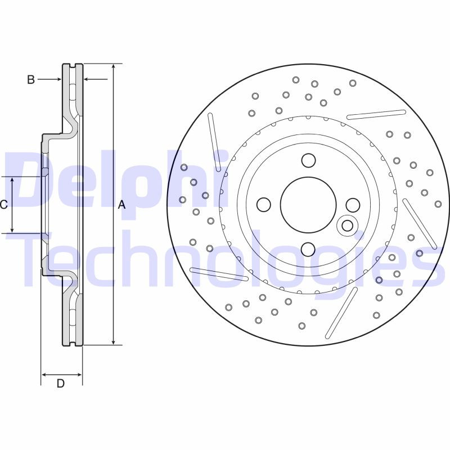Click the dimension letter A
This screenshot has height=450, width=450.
(121, 205)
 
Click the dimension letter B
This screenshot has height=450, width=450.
(31, 80)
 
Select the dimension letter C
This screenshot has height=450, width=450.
(3, 205)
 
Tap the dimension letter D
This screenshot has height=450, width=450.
(61, 384)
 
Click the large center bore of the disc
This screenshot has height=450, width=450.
(308, 204)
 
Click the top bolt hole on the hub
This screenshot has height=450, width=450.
(308, 160)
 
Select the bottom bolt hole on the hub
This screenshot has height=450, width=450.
(308, 249)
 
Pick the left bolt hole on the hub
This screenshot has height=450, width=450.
(263, 204)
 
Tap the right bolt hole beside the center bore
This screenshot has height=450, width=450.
(353, 204)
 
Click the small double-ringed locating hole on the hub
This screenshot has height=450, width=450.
(348, 226)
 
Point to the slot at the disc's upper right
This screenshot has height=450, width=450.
(376, 115)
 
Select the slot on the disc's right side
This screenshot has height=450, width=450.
(420, 223)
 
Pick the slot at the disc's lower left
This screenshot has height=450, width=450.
(219, 274)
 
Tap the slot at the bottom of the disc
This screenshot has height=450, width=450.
(341, 313)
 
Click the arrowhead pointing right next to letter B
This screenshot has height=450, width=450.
(58, 80)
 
